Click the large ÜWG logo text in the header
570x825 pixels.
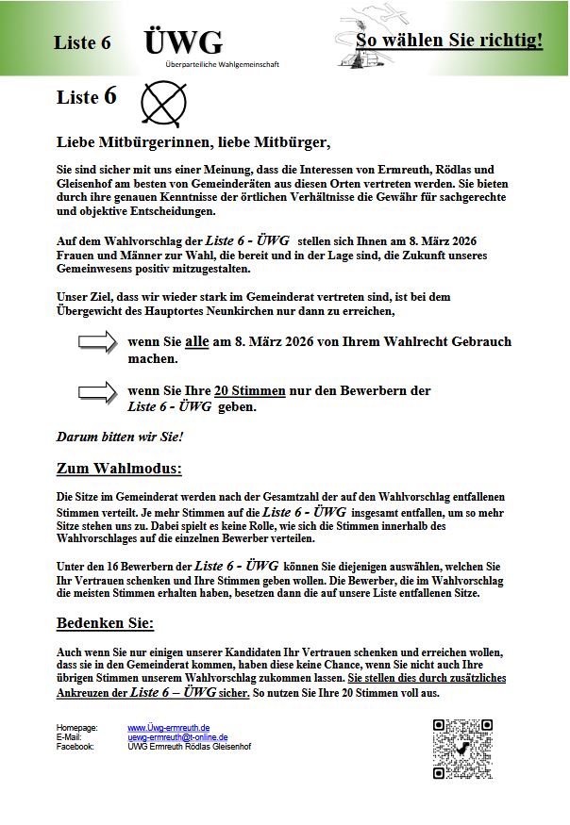[x=183, y=41]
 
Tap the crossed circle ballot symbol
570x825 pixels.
[x=163, y=103]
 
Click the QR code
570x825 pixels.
[x=462, y=749]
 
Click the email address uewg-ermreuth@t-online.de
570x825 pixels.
[x=178, y=737]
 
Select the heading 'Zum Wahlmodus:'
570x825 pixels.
[x=119, y=469]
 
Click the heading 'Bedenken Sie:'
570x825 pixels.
[x=105, y=624]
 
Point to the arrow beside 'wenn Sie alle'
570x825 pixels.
[x=97, y=343]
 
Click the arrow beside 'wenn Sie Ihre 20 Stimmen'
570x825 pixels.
[x=97, y=391]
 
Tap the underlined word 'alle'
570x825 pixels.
[x=196, y=342]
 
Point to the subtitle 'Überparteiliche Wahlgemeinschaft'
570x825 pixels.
[x=222, y=64]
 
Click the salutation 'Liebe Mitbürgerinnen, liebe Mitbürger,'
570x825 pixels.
[x=193, y=142]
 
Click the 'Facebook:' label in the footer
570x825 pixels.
[x=75, y=747]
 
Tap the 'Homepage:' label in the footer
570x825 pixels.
[x=77, y=728]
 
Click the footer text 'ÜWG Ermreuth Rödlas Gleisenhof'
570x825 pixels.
[x=189, y=747]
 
